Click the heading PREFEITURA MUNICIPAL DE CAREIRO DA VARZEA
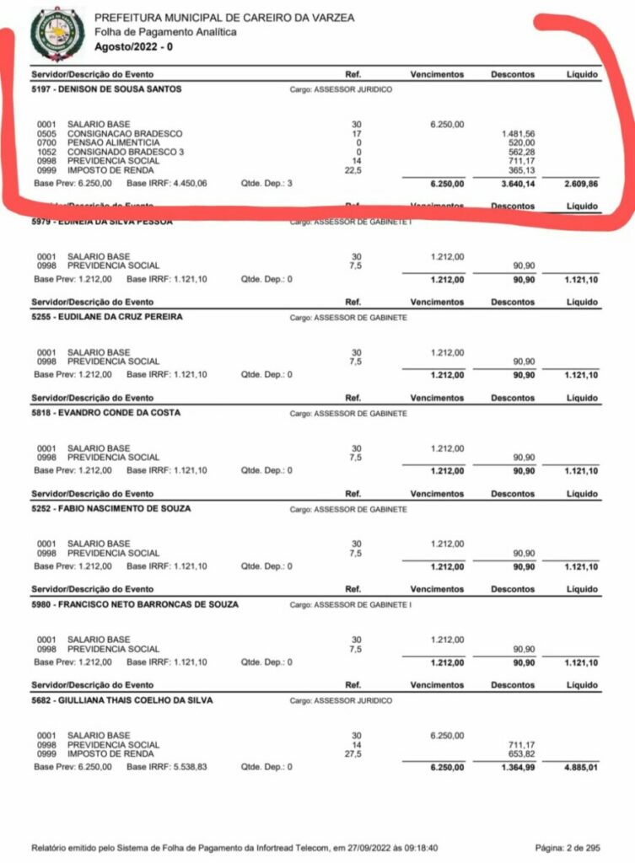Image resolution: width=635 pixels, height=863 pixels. [224, 18]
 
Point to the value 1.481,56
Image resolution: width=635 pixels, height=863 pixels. [518, 133]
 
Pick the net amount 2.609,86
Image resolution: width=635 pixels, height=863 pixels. [581, 182]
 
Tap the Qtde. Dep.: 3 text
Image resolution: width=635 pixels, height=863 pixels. [266, 182]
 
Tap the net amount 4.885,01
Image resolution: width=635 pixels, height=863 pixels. [581, 768]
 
